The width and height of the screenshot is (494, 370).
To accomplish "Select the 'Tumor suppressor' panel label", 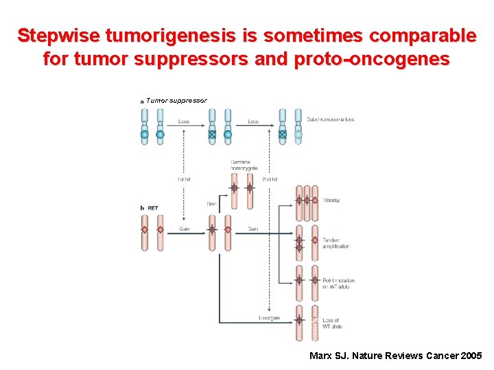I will (x=176, y=101).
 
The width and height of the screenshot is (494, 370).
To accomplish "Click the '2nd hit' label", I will (x=270, y=180).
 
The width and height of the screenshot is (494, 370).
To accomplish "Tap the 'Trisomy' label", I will (x=331, y=200).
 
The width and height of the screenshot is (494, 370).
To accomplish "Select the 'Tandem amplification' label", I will (x=336, y=243).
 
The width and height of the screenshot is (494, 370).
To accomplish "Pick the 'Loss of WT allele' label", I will (x=332, y=323).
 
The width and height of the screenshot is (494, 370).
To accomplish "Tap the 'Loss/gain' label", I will (x=269, y=318).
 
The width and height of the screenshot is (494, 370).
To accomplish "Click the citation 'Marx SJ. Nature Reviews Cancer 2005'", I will (x=395, y=356).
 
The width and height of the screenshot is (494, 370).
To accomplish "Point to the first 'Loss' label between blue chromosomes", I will (x=184, y=121).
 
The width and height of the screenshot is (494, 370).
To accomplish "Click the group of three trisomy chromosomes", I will (x=307, y=203).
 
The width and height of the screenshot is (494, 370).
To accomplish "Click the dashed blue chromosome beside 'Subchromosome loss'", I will (x=298, y=127).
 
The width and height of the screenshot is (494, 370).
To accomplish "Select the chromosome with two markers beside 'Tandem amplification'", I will (x=299, y=243).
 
